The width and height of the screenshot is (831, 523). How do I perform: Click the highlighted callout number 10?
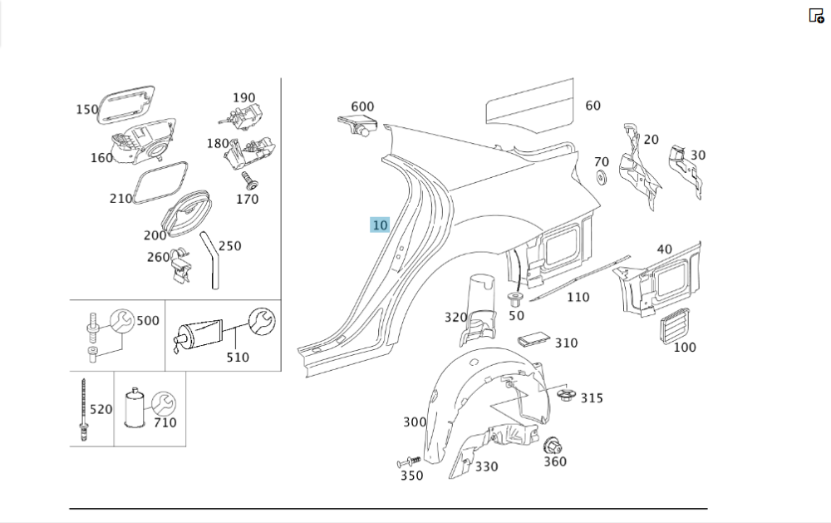click(380, 225)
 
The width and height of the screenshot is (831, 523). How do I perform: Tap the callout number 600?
click(362, 106)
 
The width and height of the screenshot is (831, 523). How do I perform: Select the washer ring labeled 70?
click(601, 178)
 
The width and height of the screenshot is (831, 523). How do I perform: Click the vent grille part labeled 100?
click(674, 328)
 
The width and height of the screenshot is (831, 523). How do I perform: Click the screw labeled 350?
click(408, 461)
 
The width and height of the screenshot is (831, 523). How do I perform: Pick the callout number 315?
click(592, 398)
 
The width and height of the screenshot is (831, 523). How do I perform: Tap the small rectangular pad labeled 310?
click(534, 339)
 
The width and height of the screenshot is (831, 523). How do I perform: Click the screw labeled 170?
click(246, 180)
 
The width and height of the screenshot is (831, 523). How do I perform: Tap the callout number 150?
click(86, 109)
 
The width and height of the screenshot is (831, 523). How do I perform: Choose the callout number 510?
click(238, 358)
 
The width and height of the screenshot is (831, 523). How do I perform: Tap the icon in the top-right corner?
click(816, 15)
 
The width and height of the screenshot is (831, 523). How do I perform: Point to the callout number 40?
click(664, 249)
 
